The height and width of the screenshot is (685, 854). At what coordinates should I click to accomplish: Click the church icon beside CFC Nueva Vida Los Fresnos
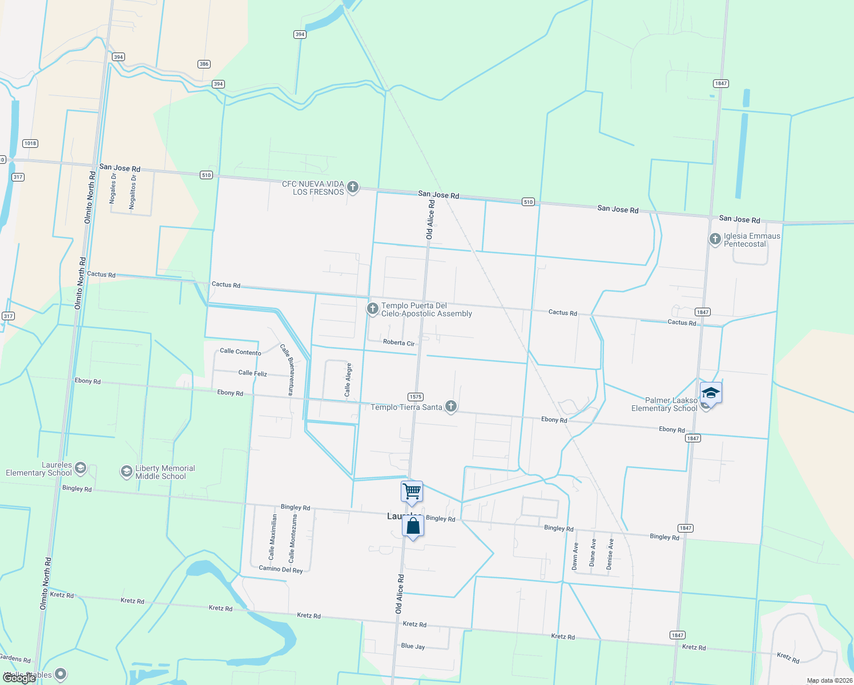(x=353, y=187)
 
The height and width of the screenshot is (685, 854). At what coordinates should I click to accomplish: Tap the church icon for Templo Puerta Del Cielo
(x=372, y=309)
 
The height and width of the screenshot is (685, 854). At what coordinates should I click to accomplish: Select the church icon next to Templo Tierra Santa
(x=451, y=406)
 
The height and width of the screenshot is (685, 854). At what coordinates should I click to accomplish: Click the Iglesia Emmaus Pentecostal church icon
(x=715, y=239)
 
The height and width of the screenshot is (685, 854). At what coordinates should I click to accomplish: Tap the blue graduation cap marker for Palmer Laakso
(x=711, y=393)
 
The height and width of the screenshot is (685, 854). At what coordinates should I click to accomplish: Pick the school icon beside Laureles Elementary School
(x=80, y=469)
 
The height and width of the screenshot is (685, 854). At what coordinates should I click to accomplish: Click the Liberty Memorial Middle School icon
(x=126, y=472)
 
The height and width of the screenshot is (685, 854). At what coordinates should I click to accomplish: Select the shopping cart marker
(x=412, y=491)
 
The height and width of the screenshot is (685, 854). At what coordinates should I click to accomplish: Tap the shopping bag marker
(x=413, y=526)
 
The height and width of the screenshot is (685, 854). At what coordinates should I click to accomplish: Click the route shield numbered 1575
(x=415, y=397)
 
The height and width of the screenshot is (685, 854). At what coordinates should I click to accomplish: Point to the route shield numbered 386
(x=204, y=64)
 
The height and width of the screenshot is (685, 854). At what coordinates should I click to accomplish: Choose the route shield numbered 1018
(x=30, y=143)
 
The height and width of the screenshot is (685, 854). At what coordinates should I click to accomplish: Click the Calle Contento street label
(x=240, y=352)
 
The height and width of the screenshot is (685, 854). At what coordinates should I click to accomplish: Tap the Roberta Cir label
(x=398, y=342)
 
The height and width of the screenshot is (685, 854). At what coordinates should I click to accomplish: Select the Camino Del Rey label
(x=281, y=569)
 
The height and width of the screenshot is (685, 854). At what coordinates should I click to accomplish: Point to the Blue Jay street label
(x=413, y=646)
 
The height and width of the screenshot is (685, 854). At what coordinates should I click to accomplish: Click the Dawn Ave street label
(x=575, y=555)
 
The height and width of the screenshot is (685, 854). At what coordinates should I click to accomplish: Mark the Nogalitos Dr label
(x=133, y=192)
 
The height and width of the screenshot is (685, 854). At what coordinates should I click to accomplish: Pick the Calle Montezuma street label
(x=292, y=538)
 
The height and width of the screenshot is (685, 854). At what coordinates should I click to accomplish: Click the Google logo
(x=19, y=678)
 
